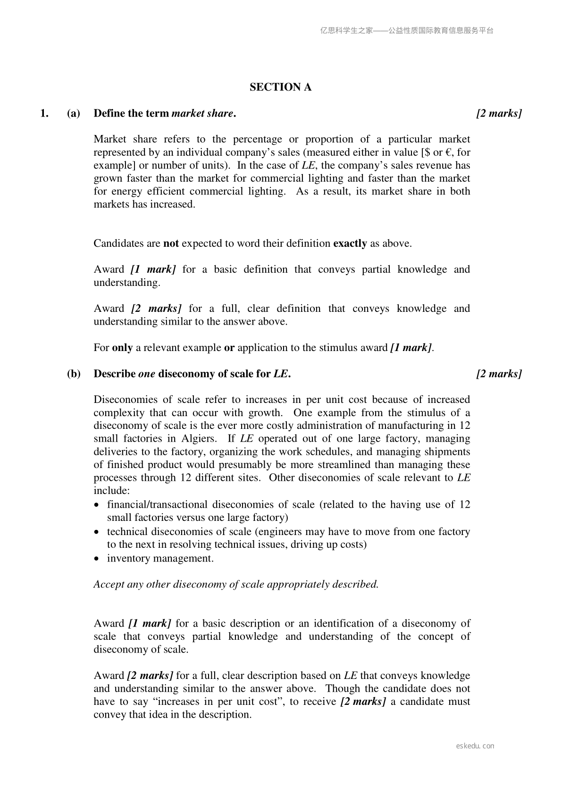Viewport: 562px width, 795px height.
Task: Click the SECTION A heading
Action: (280, 87)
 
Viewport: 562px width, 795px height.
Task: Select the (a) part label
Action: (74, 113)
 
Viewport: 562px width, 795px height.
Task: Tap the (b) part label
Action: (74, 374)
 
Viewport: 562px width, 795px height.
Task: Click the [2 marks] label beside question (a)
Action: (499, 113)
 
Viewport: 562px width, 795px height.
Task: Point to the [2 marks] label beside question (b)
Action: (499, 374)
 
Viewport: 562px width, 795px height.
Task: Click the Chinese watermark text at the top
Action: (407, 31)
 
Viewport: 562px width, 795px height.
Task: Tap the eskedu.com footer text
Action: (475, 746)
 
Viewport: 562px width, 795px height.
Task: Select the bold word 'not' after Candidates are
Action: (171, 243)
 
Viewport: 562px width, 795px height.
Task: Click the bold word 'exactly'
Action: (350, 243)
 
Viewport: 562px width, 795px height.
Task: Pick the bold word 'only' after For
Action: (122, 348)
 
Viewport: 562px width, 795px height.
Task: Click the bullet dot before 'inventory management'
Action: (97, 559)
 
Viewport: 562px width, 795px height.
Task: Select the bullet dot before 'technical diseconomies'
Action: (97, 532)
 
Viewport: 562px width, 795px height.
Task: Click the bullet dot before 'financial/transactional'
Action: (97, 505)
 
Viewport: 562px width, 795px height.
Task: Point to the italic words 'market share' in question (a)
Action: (202, 113)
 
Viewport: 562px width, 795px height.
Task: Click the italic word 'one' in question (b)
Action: (147, 374)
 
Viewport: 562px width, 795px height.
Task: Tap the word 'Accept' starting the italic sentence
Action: (109, 585)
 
